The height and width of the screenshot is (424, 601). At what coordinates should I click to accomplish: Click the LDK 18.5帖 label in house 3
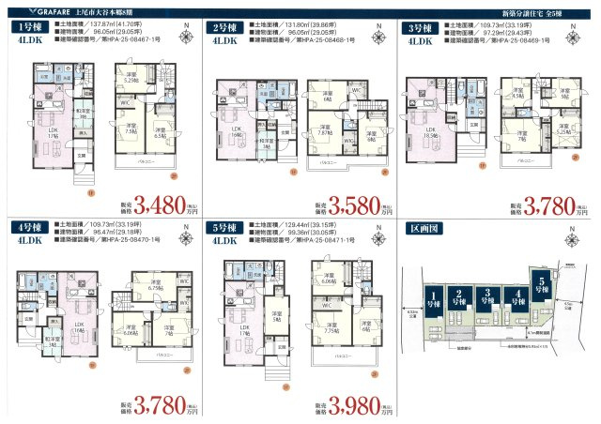433,133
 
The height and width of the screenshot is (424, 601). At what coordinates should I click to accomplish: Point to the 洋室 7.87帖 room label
324,131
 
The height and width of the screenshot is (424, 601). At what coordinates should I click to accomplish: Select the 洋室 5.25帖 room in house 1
131,79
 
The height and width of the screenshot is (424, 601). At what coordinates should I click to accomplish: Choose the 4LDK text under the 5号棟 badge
226,241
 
